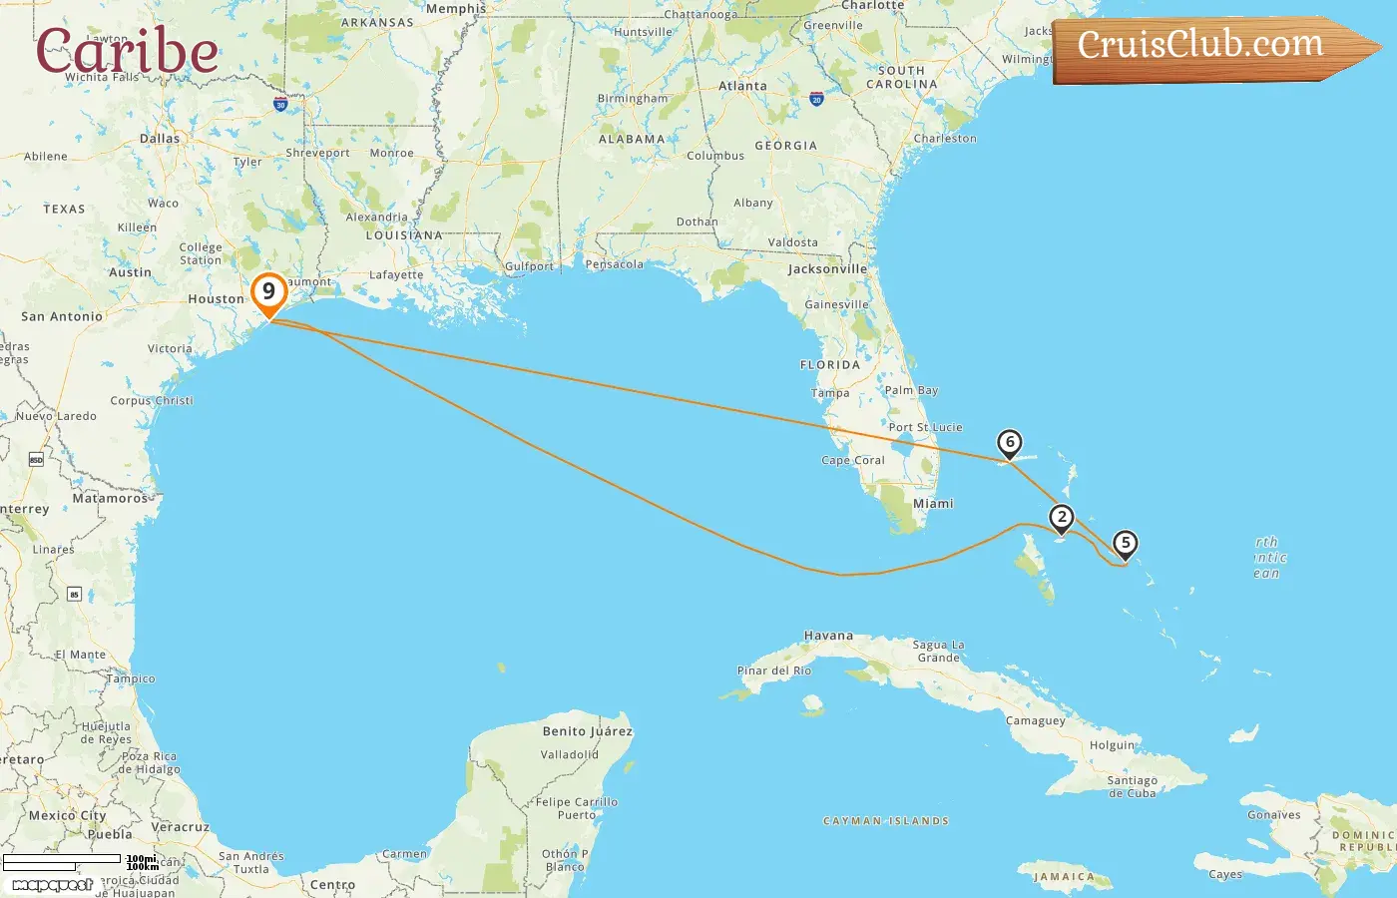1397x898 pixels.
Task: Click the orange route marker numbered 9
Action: pyautogui.click(x=268, y=292)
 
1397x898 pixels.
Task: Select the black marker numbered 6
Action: pyautogui.click(x=1010, y=442)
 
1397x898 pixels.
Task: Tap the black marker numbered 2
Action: pyautogui.click(x=1062, y=517)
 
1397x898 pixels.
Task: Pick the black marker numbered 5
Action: pyautogui.click(x=1126, y=544)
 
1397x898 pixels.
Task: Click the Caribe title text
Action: pyautogui.click(x=127, y=50)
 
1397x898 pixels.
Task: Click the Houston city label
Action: pyautogui.click(x=216, y=299)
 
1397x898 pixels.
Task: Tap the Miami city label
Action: pyautogui.click(x=933, y=504)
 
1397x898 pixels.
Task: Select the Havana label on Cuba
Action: pyautogui.click(x=828, y=636)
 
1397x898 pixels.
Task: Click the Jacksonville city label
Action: pyautogui.click(x=827, y=269)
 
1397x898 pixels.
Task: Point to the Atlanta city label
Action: pyautogui.click(x=742, y=87)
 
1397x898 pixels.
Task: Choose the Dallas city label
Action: pyautogui.click(x=160, y=139)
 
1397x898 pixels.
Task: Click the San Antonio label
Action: pyautogui.click(x=62, y=317)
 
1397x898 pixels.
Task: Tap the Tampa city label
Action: pyautogui.click(x=830, y=393)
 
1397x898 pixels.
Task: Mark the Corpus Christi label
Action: pyautogui.click(x=152, y=401)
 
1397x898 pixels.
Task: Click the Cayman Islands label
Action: pyautogui.click(x=885, y=821)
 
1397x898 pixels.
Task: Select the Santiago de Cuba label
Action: pyautogui.click(x=1132, y=787)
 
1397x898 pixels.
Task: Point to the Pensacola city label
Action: pyautogui.click(x=614, y=264)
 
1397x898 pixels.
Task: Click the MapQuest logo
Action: pyautogui.click(x=52, y=884)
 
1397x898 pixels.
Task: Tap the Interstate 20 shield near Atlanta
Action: pyautogui.click(x=816, y=99)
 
